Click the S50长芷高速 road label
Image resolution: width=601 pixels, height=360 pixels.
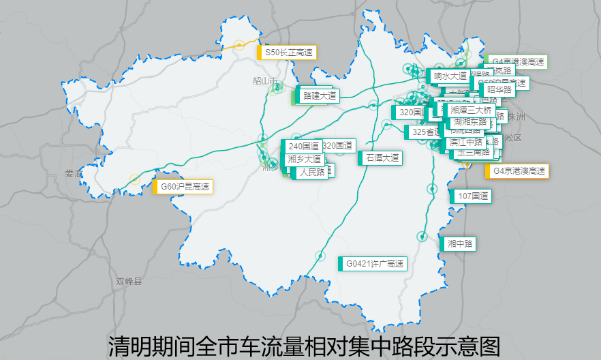point(288,52)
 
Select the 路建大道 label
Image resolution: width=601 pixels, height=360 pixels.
point(319,96)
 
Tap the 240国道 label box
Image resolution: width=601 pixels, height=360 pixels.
point(303,146)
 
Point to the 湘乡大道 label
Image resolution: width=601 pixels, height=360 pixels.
point(303,159)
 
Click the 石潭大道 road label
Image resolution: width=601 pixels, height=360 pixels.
point(382,157)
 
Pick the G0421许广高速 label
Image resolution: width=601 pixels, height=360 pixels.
point(374,263)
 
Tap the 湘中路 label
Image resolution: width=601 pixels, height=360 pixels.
point(460,243)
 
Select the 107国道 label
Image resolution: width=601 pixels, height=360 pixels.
point(473,196)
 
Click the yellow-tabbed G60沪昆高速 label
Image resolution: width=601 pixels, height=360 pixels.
point(184,186)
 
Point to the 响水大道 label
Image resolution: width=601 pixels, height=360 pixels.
point(450,76)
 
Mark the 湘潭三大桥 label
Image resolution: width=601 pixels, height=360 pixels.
point(470,110)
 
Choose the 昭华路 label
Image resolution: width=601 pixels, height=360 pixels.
point(499,89)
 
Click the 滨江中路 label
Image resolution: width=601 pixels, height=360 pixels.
point(465,142)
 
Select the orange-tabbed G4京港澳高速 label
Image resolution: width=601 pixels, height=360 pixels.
point(518,170)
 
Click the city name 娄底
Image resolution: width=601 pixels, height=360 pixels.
point(74,173)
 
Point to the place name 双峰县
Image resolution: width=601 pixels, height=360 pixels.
point(129,281)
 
